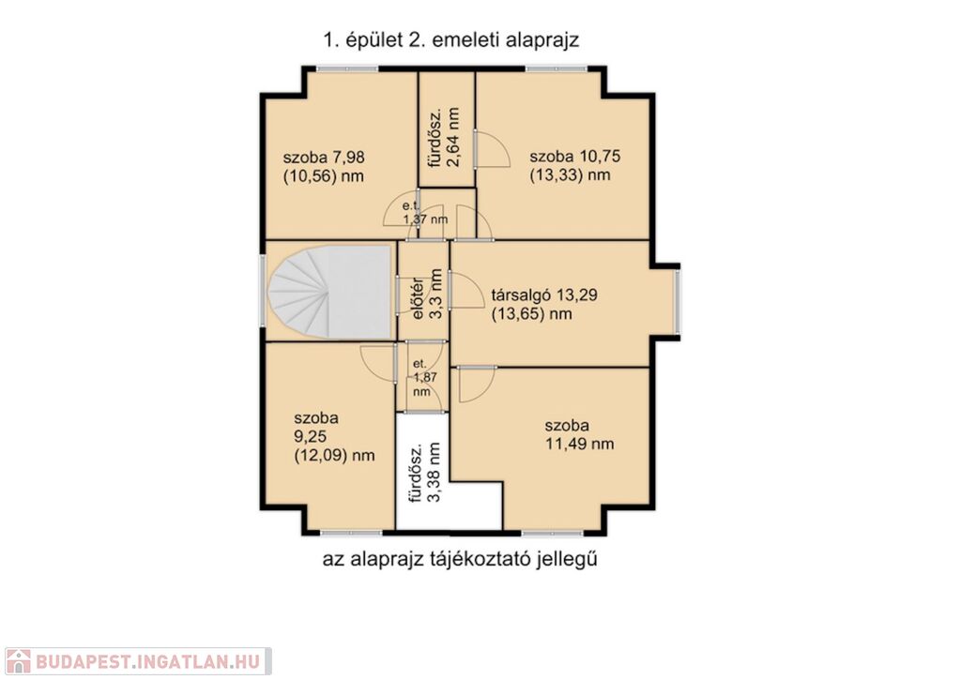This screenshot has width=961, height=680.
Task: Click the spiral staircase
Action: coord(329,292)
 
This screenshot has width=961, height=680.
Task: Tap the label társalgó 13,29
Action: coord(544,295)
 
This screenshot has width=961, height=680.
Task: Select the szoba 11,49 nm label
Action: coord(579,434)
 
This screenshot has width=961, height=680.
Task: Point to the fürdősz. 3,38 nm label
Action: coord(425,473)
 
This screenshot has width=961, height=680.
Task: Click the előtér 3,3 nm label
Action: coord(427,295)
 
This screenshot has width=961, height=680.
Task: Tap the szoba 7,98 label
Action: coord(324,158)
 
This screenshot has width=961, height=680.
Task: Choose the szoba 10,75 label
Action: coord(575,157)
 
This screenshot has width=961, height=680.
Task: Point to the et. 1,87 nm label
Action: coord(424,377)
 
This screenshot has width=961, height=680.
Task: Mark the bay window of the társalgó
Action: coord(678,303)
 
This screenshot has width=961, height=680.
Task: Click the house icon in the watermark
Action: coord(18,661)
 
